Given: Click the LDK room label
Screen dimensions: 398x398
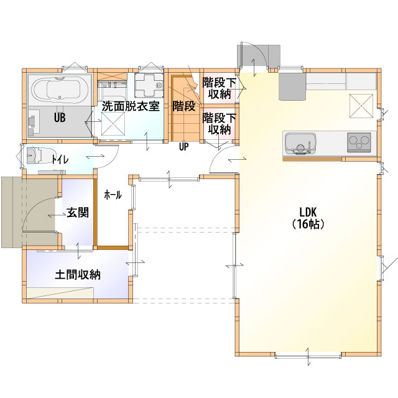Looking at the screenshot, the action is [308, 211].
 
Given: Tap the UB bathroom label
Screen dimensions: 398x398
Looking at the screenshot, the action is [60, 118].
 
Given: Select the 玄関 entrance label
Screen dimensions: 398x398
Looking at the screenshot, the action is [78, 212].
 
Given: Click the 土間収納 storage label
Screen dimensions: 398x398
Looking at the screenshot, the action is [78, 275].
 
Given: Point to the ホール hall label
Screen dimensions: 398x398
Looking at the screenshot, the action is [113, 195].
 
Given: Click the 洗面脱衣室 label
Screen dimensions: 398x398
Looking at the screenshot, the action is [131, 106].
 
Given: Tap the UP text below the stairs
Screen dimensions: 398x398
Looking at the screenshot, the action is [184, 147].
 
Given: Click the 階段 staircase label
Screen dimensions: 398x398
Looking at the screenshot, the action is [184, 106].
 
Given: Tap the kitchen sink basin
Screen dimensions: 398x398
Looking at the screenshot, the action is [300, 144].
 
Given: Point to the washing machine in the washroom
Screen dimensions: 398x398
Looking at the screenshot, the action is [149, 85].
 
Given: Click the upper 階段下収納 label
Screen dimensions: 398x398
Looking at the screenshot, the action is [220, 88].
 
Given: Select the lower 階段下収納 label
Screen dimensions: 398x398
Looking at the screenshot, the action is [220, 124].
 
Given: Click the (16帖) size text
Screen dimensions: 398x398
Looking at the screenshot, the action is [308, 224].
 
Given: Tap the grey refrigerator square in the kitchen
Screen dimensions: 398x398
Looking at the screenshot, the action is [292, 87].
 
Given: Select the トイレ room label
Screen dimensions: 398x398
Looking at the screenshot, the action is [60, 160].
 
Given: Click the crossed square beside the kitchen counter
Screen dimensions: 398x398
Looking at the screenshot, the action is [362, 106].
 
